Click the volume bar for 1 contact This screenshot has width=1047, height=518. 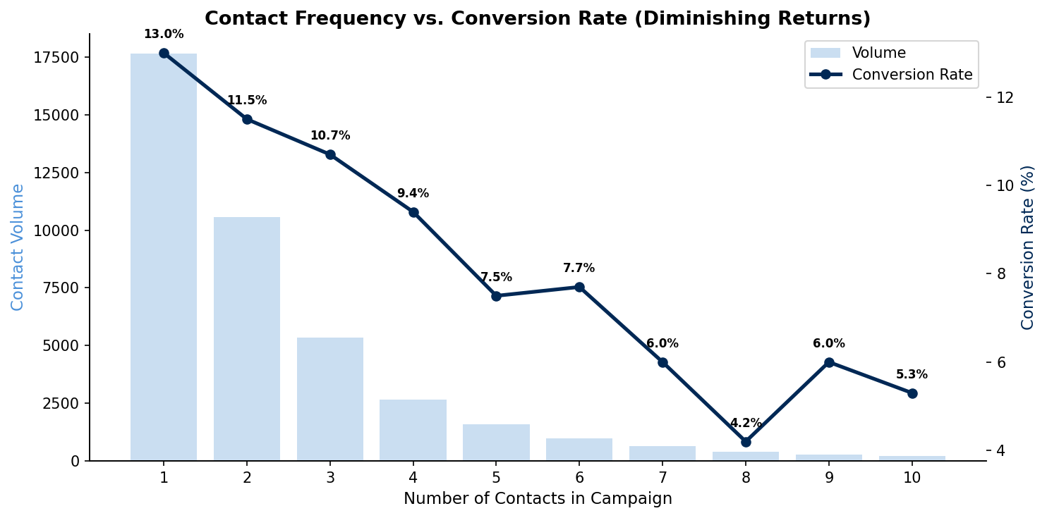164,257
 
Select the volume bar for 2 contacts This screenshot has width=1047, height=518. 247,339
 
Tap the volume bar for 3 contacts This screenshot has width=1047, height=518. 330,399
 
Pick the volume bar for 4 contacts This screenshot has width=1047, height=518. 413,430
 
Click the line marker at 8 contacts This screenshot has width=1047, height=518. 746,442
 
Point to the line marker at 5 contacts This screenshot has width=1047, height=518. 496,296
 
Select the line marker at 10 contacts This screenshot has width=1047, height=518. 912,393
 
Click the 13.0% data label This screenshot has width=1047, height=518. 164,35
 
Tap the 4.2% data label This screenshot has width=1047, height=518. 746,424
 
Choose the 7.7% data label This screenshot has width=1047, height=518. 579,269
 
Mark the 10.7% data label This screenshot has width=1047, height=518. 330,136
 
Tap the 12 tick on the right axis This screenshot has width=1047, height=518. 1005,97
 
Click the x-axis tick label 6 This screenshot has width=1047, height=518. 579,477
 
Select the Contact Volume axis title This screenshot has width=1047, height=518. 18,247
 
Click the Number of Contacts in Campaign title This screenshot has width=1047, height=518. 538,499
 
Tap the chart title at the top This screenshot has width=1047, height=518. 538,19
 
